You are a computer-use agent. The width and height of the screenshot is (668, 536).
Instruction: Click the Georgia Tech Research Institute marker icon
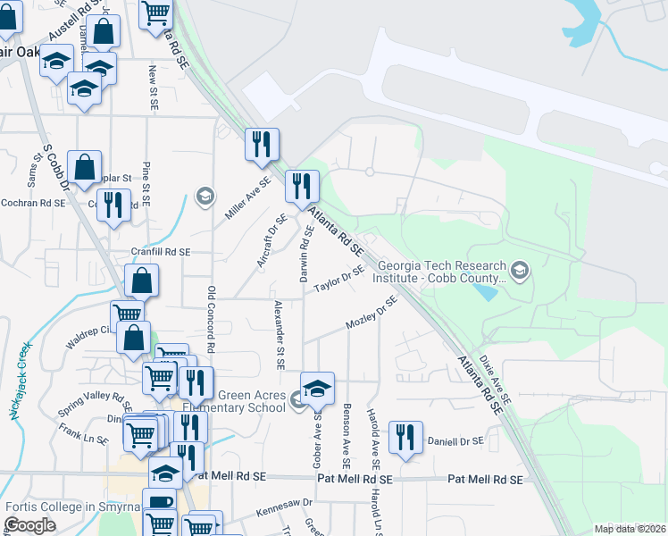(x=519, y=269)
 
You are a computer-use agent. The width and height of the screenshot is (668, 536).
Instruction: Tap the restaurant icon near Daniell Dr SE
(x=407, y=436)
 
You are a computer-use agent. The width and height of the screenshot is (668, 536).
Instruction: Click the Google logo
(x=30, y=524)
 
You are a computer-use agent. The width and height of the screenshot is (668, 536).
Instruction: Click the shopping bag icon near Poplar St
(x=84, y=166)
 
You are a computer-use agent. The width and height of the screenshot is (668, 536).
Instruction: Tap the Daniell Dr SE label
(x=455, y=441)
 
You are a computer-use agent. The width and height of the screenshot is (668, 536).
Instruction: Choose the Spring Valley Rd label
(x=88, y=397)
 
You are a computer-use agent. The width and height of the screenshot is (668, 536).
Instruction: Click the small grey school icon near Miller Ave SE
(x=205, y=196)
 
